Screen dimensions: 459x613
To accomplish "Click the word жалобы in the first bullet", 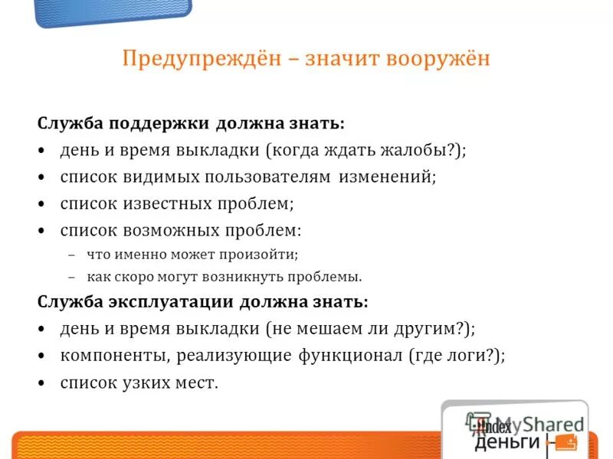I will coord(421,150).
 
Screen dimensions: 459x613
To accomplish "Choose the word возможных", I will coord(166,229).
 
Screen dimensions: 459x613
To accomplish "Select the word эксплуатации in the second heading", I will coord(172,302).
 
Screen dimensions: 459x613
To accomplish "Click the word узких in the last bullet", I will coord(147,382).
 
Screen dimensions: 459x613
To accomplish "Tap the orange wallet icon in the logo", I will coord(565,442).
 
